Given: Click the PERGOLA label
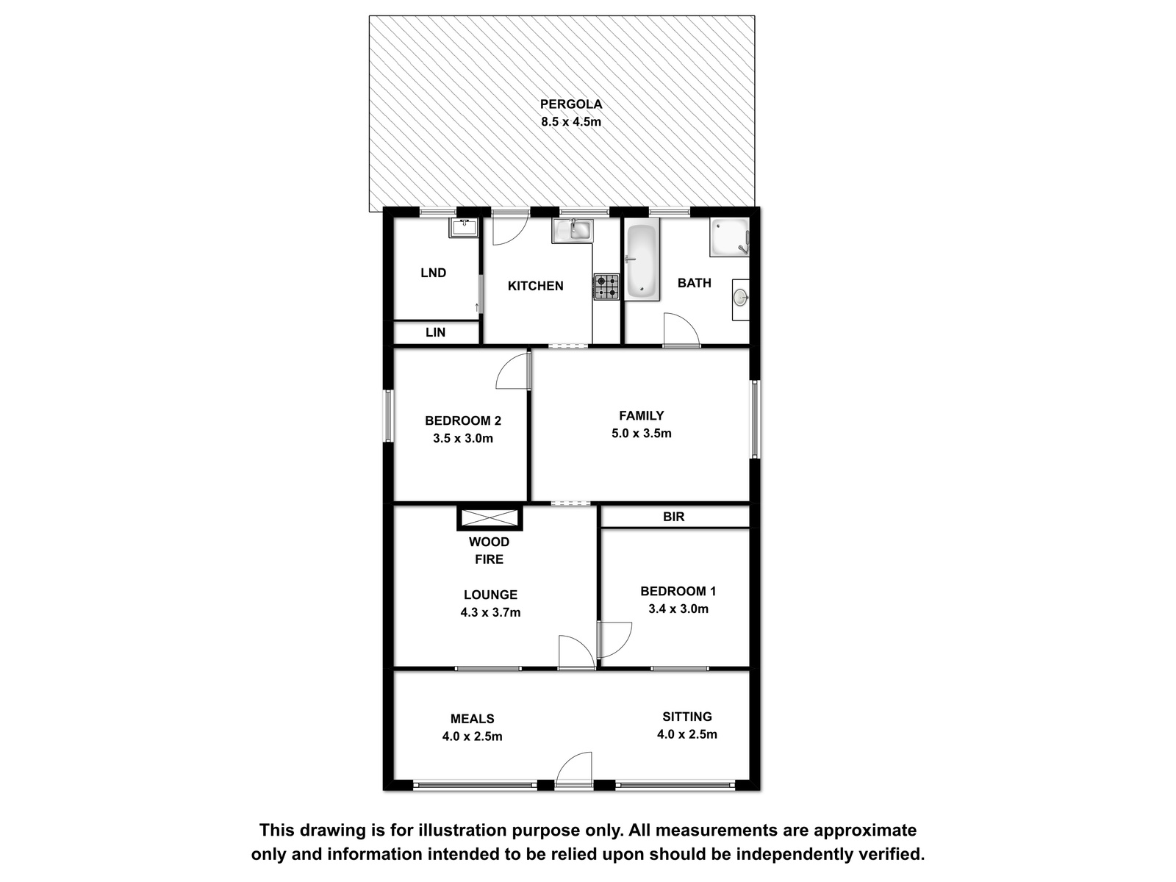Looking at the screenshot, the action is (x=570, y=104).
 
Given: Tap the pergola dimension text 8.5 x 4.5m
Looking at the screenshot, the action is (x=570, y=121).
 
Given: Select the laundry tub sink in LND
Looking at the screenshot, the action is (x=464, y=228).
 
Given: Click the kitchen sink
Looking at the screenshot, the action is (x=573, y=230).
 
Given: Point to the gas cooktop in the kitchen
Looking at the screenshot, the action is (x=606, y=287).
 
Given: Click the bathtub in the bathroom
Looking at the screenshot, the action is (x=642, y=259).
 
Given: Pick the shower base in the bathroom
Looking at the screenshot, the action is (x=729, y=237).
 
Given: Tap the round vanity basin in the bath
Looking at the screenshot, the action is (x=740, y=297).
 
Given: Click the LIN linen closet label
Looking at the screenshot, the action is (x=435, y=332).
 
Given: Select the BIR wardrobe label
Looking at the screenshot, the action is (x=673, y=517).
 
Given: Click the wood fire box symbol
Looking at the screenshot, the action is (x=490, y=518).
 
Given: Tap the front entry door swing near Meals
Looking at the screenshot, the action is (x=574, y=770).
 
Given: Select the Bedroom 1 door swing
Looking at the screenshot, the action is (x=614, y=639).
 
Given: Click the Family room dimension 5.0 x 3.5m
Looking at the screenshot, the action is (x=642, y=433).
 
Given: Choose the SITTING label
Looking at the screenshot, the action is (x=686, y=717).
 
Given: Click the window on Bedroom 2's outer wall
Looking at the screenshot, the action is (x=388, y=416).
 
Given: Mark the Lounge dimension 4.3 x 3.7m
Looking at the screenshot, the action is (x=490, y=612).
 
